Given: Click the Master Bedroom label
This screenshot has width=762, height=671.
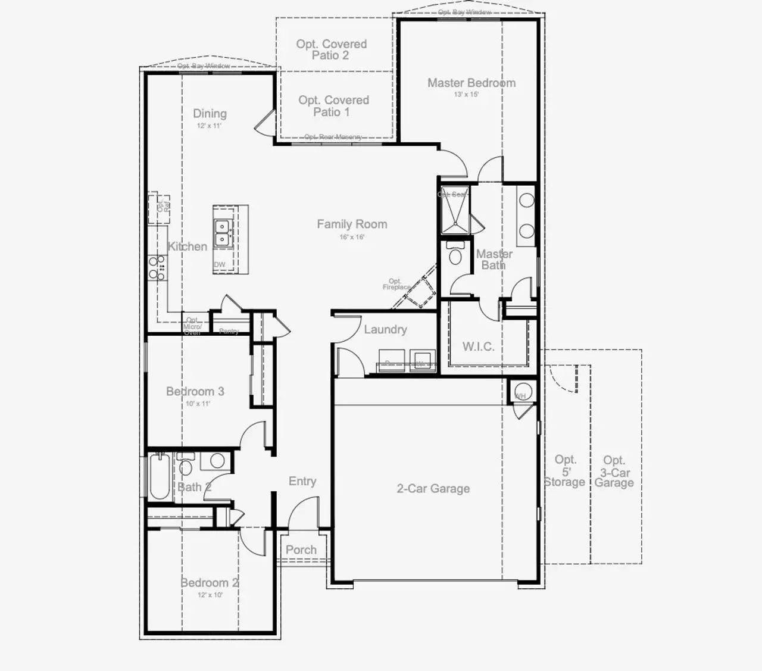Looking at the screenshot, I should (x=471, y=83).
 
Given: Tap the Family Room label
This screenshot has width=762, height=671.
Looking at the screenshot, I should (x=352, y=224).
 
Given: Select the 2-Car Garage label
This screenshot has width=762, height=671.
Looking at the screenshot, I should (x=433, y=488).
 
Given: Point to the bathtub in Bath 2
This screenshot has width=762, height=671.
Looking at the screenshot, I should (x=159, y=477).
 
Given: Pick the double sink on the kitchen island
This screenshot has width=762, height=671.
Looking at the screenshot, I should (x=223, y=233).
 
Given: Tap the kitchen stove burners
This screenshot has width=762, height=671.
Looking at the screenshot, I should (x=157, y=268).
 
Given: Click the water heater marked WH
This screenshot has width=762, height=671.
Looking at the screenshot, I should (x=522, y=393).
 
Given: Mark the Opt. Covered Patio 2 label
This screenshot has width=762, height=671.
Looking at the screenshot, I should (x=332, y=49).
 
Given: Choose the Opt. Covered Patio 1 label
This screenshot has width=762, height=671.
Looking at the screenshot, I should (x=333, y=106).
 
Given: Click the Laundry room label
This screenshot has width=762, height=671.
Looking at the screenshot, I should (x=385, y=329).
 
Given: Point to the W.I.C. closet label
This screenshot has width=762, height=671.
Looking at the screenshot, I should (x=478, y=346).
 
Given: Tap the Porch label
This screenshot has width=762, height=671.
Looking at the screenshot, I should (x=301, y=550).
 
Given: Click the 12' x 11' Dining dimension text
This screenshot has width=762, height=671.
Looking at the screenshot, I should (x=210, y=126).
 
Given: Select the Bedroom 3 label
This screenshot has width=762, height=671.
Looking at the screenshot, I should (x=195, y=391).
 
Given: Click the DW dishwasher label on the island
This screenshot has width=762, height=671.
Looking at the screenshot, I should (x=220, y=265).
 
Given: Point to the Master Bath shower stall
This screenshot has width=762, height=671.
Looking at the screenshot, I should (x=453, y=212).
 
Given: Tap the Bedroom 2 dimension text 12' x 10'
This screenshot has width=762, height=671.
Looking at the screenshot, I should (x=210, y=595).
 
